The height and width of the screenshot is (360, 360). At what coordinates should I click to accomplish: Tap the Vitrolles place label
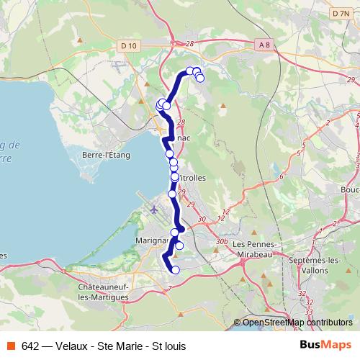coord(191,176)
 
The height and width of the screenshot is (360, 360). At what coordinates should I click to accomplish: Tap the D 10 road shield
coord(129,45)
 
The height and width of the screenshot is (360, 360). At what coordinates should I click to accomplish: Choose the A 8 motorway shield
coord(264,45)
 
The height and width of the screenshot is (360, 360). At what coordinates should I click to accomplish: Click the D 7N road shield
coord(340,14)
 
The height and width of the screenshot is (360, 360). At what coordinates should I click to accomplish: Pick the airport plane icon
coord(154,210)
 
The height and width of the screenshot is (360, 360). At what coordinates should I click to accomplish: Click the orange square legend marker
coord(12,346)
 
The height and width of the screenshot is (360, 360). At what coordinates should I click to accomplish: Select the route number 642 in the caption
coord(30,346)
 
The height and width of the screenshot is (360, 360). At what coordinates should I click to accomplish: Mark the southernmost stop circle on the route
coord(176,270)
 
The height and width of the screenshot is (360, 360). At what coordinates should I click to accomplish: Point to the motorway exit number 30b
coord(222,242)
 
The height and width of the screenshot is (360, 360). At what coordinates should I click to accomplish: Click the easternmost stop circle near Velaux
coord(200,78)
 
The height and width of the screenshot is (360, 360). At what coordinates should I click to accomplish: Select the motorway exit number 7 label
coord(169,288)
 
